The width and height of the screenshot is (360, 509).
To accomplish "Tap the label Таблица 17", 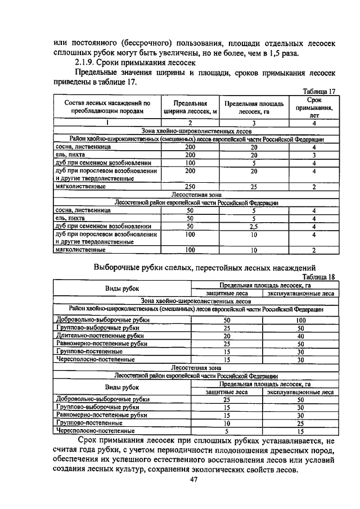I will [318, 92].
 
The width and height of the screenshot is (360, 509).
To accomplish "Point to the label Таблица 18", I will [318, 277].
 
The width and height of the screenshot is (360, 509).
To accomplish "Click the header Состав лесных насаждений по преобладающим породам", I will [108, 107].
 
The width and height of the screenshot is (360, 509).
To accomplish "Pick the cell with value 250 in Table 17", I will [190, 186].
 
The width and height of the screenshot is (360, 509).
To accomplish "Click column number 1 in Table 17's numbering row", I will [107, 123].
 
